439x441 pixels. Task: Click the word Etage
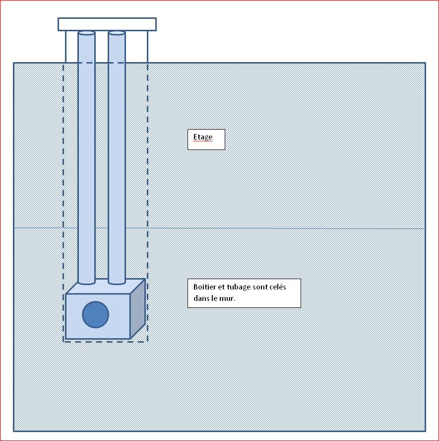coord(202,137)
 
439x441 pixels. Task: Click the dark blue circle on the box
coord(95,314)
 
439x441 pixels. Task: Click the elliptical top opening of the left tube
coord(86,33)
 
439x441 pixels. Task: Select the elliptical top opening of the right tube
coord(117,33)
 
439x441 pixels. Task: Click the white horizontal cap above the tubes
coord(107,24)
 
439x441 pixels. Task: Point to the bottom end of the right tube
coord(117,282)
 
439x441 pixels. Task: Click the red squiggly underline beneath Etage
coord(202,142)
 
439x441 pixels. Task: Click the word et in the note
coord(221,288)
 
